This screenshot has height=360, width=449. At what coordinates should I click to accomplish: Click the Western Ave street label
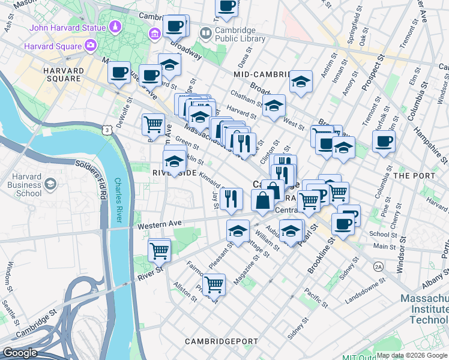159,226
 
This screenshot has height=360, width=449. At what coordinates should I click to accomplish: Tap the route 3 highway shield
107,130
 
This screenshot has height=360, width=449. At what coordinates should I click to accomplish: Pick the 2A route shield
378,266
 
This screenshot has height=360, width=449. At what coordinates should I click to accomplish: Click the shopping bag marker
263,200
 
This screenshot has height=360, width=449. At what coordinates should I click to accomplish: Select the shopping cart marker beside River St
159,250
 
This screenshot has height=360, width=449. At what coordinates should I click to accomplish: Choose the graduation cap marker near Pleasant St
238,230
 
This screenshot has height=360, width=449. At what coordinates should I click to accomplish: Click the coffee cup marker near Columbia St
384,141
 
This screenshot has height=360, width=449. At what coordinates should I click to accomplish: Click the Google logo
20,353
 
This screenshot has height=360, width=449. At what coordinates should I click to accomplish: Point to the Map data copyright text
412,355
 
